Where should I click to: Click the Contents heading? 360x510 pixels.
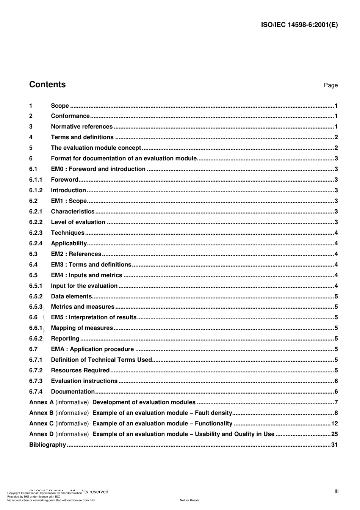point(47,85)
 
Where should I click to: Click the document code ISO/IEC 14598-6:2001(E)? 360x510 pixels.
point(299,25)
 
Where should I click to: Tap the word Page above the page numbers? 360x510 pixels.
point(330,85)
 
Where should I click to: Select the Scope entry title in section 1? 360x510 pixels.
point(60,106)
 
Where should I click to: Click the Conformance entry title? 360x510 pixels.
point(70,116)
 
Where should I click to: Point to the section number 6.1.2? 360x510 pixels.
point(36,190)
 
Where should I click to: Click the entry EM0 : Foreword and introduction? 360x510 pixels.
point(98,169)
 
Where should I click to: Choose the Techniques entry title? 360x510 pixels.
point(67,233)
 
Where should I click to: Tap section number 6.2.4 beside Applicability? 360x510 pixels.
point(36,243)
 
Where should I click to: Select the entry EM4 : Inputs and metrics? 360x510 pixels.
point(86,275)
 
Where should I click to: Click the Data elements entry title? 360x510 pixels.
point(71,297)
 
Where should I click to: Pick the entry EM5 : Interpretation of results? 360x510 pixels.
point(94,317)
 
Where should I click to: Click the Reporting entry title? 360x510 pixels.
point(65,339)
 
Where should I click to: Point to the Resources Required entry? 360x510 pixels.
point(80,370)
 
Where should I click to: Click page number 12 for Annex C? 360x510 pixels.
point(334,424)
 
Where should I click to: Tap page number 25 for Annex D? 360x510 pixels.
point(334,434)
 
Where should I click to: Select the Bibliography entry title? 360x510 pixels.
point(48,445)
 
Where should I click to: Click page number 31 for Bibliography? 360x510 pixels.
point(334,445)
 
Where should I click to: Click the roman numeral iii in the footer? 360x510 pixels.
point(337,491)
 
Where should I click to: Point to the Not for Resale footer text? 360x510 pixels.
point(189,500)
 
